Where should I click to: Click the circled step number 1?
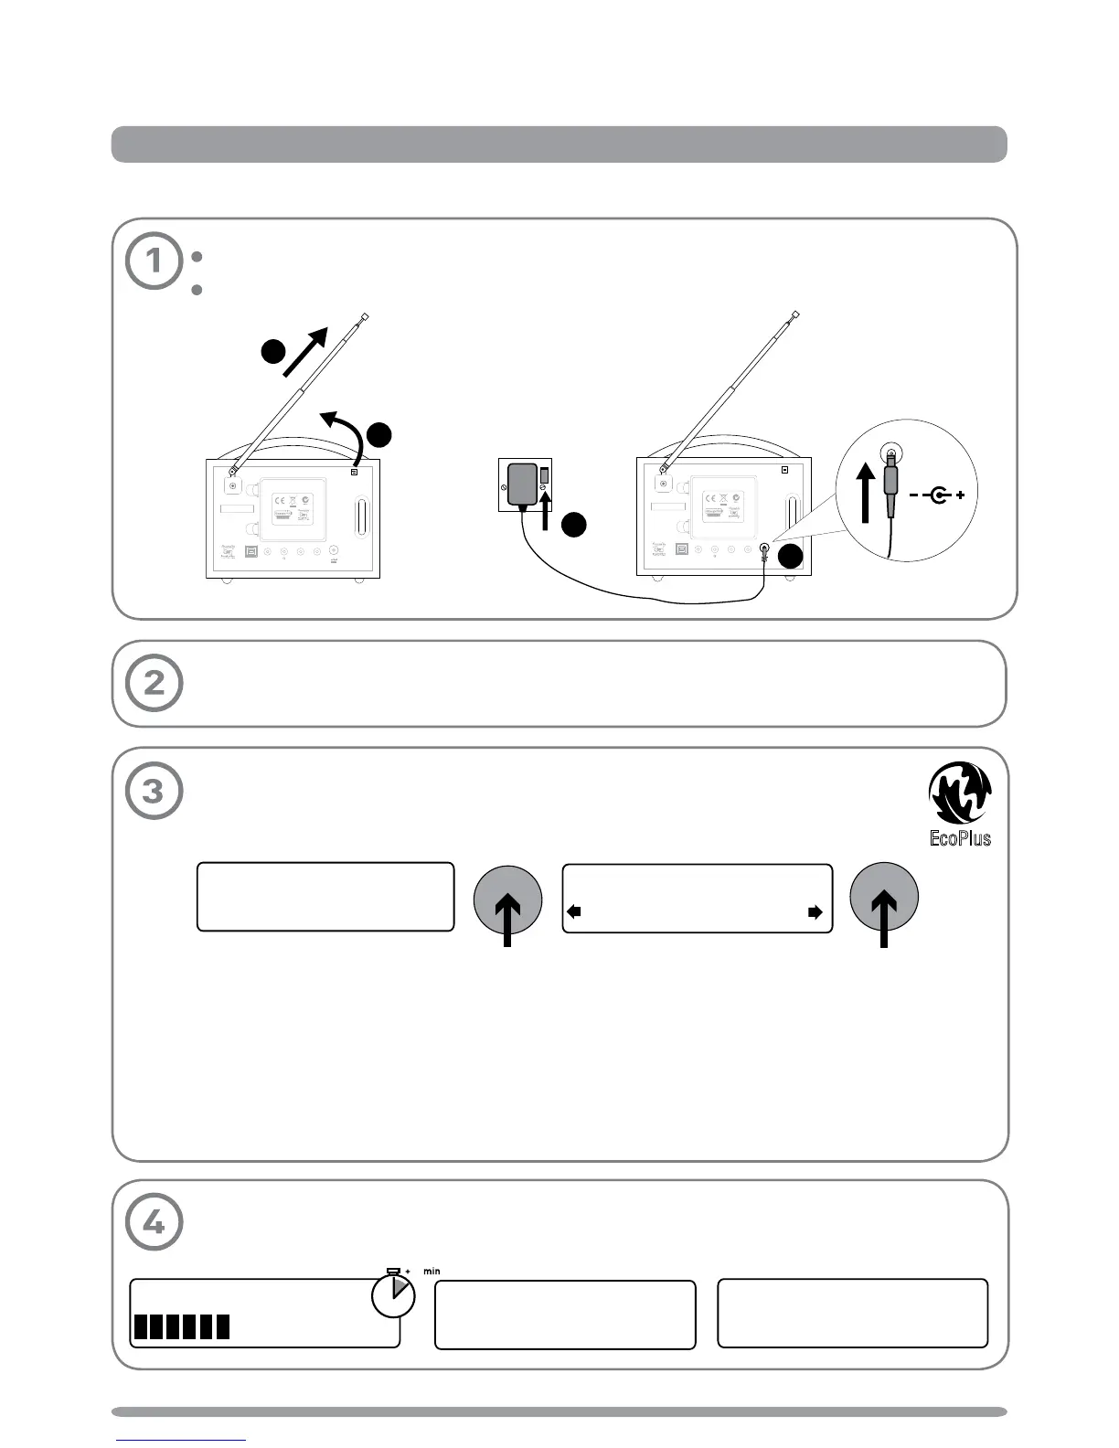154,261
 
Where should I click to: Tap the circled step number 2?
154,683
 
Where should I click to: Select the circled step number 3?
154,791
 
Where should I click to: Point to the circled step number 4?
154,1222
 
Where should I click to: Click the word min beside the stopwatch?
432,1272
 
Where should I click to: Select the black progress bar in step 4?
182,1326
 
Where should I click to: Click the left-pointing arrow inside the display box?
574,911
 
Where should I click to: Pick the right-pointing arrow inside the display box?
815,911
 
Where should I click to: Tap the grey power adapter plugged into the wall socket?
524,484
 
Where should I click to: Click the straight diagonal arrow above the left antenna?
306,349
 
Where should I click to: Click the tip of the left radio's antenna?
365,316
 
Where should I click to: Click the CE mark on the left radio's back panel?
280,500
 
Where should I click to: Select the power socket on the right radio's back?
764,550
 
